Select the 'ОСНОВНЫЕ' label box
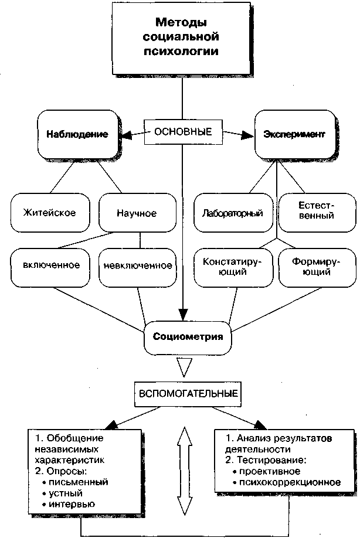[x=183, y=132]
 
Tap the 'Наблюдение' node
[x=77, y=134]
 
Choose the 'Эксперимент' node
[x=294, y=134]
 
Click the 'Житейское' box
[x=50, y=213]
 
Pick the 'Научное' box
[x=137, y=213]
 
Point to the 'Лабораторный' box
[x=233, y=213]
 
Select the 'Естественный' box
[x=317, y=213]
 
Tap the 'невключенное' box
[x=137, y=267]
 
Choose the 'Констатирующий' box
[x=233, y=267]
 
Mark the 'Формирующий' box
[x=317, y=267]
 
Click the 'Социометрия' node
[x=188, y=338]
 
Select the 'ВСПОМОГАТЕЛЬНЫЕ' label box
[x=188, y=393]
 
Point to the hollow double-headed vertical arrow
[x=185, y=471]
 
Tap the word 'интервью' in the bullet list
[x=72, y=505]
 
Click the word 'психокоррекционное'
[x=290, y=482]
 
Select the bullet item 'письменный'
[x=75, y=482]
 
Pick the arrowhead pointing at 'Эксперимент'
[x=247, y=135]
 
